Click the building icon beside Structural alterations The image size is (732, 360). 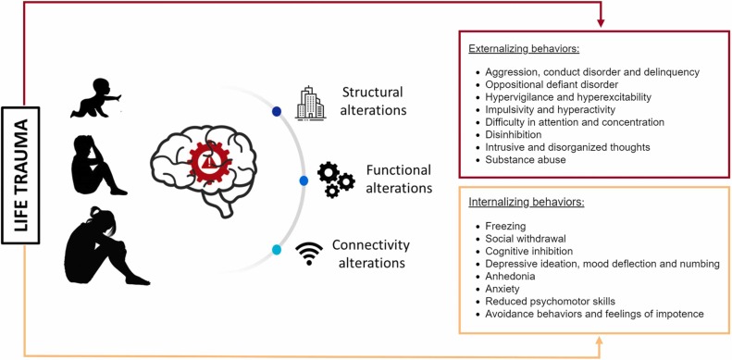pos(311,103)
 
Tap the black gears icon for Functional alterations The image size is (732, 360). pos(335,179)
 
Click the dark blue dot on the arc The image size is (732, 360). pos(276,112)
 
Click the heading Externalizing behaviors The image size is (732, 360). pos(527,50)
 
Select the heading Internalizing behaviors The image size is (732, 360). pos(526,201)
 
